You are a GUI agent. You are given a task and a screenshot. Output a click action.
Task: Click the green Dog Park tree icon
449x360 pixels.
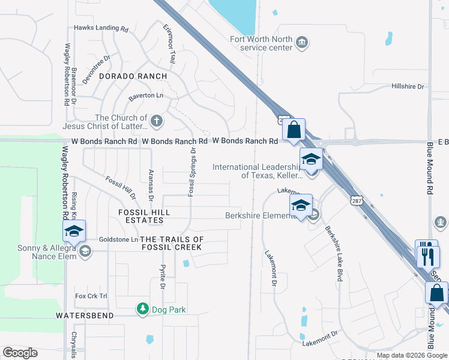click(142, 309)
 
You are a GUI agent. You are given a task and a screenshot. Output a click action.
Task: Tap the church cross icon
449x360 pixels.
click(156, 122)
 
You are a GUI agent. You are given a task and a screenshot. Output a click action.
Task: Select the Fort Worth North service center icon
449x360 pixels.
click(302, 41)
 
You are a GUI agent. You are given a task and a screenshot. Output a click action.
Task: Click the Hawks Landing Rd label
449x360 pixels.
click(101, 28)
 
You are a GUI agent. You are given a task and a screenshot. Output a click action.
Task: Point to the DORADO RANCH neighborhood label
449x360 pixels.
click(133, 76)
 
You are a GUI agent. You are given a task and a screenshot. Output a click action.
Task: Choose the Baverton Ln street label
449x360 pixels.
click(146, 96)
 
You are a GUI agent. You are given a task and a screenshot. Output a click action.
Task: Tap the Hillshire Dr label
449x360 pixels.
click(408, 87)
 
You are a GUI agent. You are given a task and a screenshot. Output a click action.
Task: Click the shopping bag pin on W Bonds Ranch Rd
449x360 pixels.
click(294, 130)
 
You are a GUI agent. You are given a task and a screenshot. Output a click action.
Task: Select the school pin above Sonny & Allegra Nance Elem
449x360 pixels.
click(74, 231)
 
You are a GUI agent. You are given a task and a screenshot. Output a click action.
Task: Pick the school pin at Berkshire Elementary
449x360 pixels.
click(301, 206)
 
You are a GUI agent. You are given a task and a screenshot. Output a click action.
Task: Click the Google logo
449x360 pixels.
click(20, 353)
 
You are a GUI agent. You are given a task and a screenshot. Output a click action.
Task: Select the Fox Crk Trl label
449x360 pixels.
click(91, 296)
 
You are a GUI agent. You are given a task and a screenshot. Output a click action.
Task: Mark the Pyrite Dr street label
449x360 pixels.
click(162, 277)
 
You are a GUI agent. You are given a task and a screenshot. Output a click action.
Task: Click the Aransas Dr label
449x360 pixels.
click(151, 182)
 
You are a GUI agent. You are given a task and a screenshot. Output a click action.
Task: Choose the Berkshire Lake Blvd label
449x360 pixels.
click(334, 253)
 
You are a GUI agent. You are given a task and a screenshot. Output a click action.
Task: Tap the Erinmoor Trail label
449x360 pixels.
click(169, 43)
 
